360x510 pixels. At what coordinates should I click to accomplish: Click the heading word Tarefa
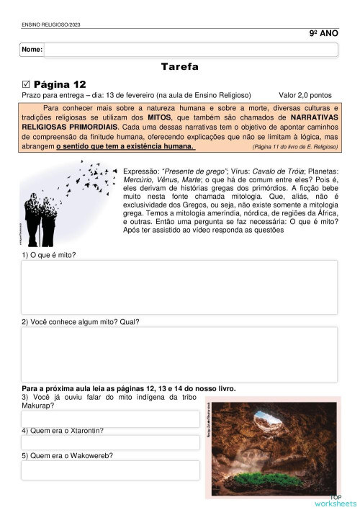[180, 67]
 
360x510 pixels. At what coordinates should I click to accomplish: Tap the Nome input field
[191, 50]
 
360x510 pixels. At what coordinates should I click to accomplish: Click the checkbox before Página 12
[27, 84]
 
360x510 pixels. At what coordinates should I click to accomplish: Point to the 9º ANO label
[323, 34]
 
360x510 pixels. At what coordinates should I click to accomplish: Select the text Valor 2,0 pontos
[305, 94]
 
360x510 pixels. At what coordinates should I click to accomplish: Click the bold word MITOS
[159, 116]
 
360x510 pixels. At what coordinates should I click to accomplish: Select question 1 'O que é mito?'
[49, 256]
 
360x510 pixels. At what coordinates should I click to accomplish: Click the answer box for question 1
[179, 287]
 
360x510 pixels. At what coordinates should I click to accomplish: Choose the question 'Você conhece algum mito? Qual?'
[80, 321]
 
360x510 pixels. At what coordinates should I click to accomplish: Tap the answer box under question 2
[179, 354]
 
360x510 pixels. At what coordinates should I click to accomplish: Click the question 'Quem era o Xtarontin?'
[62, 431]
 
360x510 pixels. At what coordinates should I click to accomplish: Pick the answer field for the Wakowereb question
[110, 470]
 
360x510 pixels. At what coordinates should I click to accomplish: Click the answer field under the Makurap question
[110, 419]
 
